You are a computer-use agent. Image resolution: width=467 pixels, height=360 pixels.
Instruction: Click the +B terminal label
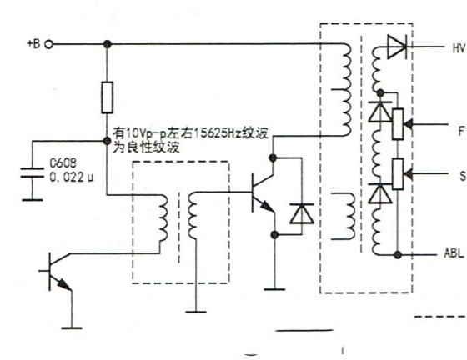(33, 43)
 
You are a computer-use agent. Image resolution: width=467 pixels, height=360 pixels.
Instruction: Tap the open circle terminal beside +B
(49, 45)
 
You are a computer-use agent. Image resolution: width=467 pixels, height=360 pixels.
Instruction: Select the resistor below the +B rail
(108, 97)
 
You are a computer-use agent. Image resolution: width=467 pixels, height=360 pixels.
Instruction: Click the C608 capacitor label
(63, 163)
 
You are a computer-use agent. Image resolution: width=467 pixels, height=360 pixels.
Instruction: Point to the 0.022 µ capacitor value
(71, 177)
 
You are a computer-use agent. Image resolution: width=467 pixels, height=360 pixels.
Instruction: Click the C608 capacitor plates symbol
(33, 172)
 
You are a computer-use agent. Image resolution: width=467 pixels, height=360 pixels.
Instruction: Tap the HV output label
(459, 47)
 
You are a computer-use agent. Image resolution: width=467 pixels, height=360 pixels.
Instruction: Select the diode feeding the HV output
(397, 47)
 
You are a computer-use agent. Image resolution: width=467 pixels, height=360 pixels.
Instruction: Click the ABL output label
(454, 253)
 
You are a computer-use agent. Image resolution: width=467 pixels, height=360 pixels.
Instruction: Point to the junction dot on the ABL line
(398, 255)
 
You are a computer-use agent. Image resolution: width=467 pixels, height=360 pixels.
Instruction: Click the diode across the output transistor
(302, 213)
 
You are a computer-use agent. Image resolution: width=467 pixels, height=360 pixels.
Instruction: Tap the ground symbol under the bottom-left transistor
(72, 327)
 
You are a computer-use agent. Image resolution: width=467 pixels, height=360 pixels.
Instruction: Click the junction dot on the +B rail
(108, 44)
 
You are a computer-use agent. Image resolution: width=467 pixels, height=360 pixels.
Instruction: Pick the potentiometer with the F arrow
(398, 124)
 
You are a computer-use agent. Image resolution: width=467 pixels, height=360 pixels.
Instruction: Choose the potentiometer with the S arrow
(398, 174)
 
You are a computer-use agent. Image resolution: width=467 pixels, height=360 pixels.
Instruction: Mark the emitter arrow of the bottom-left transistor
(64, 285)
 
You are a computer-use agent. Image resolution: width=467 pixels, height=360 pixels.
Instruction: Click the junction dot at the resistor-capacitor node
(107, 141)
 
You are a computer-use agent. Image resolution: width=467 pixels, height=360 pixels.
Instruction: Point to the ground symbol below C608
(33, 200)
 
